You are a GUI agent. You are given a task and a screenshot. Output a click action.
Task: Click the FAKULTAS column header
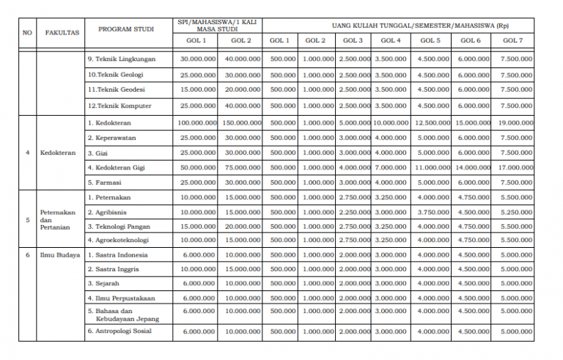(62, 33)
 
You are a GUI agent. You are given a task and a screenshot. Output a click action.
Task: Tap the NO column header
(28, 33)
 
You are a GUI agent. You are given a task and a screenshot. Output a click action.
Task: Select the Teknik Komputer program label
(119, 106)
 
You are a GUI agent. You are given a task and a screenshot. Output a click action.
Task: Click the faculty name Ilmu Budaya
(58, 255)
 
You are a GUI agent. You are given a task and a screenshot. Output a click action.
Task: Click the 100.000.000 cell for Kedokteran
(196, 122)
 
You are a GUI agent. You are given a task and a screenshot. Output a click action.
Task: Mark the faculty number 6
(28, 255)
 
